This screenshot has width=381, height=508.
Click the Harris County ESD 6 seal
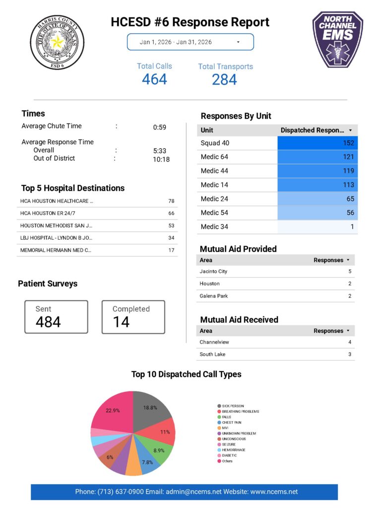[57, 42]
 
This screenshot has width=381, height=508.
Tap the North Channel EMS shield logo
[337, 39]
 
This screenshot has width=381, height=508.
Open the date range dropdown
[190, 42]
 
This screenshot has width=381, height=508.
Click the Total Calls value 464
[154, 79]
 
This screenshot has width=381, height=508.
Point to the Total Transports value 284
[224, 79]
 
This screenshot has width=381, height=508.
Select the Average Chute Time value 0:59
[159, 127]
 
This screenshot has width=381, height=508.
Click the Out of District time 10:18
[161, 159]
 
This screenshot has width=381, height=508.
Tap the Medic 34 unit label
[214, 227]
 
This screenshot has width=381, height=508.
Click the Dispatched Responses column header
[313, 130]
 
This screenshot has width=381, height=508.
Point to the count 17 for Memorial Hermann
[171, 250]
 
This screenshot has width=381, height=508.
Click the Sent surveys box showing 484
[56, 317]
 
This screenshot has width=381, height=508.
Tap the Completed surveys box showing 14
[133, 317]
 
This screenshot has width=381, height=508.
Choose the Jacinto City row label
[213, 271]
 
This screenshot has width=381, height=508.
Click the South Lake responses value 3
[349, 354]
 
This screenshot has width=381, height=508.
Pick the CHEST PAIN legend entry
[231, 423]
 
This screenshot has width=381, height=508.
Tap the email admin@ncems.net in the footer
[193, 492]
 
